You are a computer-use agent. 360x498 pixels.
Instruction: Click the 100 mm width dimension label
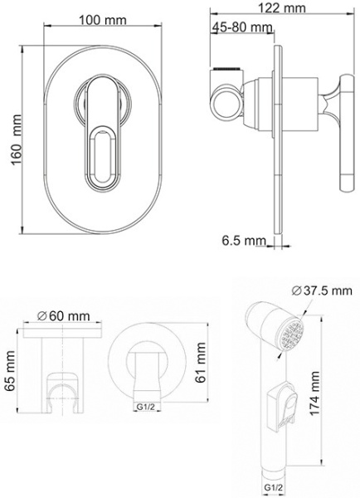103,20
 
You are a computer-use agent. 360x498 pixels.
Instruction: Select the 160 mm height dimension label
17,140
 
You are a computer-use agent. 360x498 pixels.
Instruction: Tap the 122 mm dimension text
282,7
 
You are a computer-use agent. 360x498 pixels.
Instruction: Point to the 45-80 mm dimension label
242,27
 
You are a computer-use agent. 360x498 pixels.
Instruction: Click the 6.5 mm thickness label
244,241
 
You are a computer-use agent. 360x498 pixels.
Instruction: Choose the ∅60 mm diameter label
63,315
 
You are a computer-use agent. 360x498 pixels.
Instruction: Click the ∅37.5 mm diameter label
322,290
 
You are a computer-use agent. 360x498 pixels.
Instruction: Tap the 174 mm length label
314,393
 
